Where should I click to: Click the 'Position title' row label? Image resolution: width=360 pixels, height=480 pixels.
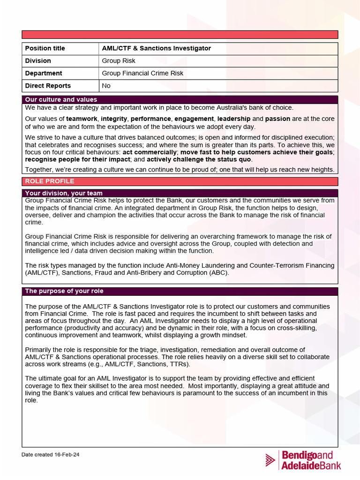coord(45,48)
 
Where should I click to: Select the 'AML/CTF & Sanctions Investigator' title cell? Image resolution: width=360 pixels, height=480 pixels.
coord(157,48)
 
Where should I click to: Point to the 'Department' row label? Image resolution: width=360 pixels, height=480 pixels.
coord(44,73)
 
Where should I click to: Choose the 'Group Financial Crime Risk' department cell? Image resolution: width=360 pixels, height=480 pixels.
coord(142,73)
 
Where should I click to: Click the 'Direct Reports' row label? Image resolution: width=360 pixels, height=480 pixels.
coord(48,86)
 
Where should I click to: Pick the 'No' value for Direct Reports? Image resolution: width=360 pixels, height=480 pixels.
coord(106,86)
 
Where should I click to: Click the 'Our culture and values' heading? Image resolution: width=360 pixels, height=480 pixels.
coord(61,99)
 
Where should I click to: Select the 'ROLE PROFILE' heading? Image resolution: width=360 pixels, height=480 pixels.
coord(49,181)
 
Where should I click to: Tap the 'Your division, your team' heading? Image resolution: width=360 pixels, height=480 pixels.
coord(64,193)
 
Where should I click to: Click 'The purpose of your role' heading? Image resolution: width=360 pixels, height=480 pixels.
coord(64,291)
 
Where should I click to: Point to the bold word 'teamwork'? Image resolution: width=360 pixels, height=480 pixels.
coord(82,119)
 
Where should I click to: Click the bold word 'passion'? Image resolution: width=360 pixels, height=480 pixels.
coord(277,119)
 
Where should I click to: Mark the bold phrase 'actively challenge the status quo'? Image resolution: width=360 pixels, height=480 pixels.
coord(199,159)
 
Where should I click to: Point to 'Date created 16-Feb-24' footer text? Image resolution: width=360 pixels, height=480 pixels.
coord(51,455)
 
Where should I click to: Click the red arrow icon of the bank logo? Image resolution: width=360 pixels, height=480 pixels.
coord(270,460)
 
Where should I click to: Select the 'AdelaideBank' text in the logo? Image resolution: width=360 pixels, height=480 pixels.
coord(311,465)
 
